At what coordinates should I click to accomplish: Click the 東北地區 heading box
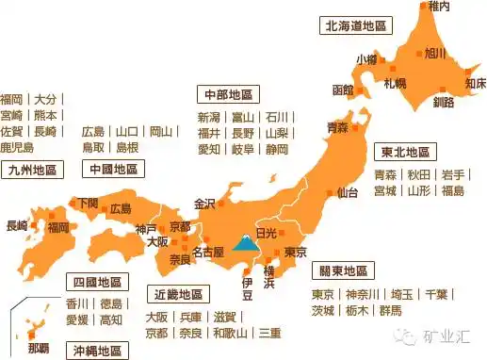click(405, 152)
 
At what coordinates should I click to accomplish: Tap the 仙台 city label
click(347, 192)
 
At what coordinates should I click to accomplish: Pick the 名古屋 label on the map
click(206, 252)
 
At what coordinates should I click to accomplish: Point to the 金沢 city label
click(204, 203)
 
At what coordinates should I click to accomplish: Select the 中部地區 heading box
click(227, 95)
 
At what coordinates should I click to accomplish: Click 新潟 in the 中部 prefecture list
click(209, 118)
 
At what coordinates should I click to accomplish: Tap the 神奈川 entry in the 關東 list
click(362, 293)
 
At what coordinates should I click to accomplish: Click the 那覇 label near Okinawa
click(39, 348)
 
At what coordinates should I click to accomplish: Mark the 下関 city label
click(87, 203)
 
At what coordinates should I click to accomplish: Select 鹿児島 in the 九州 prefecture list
click(17, 148)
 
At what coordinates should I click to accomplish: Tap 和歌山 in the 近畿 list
click(230, 333)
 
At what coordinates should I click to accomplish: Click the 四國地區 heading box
click(98, 282)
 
